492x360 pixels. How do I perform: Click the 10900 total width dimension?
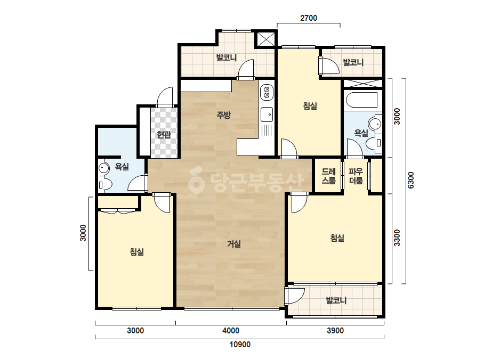click(240, 345)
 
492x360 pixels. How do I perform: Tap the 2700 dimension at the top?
click(309, 18)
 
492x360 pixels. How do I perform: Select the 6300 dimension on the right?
click(411, 181)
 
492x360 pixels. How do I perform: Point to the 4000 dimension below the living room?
click(231, 331)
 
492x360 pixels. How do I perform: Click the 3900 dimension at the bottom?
click(335, 331)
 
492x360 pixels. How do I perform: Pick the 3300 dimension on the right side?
click(397, 238)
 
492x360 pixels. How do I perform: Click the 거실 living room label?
click(234, 244)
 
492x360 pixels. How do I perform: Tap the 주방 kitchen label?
click(224, 115)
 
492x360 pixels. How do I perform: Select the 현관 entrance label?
click(164, 135)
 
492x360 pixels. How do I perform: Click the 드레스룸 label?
click(328, 176)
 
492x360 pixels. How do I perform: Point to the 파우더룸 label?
click(356, 176)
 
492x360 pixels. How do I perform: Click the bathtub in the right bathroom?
click(362, 100)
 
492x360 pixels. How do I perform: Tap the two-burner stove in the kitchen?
click(267, 93)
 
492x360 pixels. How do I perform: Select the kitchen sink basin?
click(267, 114)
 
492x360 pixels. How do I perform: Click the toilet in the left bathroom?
click(104, 185)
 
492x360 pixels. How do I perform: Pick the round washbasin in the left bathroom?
click(103, 168)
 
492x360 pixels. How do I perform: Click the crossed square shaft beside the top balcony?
click(266, 39)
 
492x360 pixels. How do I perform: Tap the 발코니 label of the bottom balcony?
click(336, 300)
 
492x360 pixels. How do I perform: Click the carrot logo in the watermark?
click(196, 181)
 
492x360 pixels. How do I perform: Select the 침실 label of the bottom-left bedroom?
click(137, 251)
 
